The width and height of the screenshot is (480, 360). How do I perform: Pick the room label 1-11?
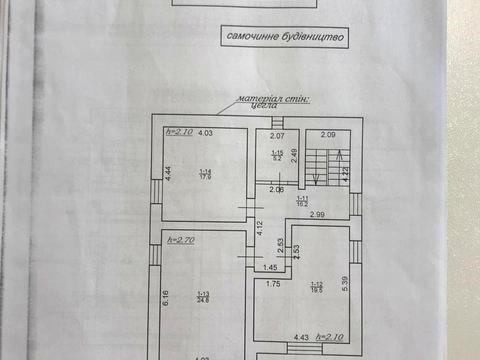pyautogui.click(x=302, y=200)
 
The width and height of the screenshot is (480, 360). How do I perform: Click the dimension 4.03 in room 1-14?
pyautogui.click(x=205, y=133)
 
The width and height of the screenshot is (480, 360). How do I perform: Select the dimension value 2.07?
pyautogui.click(x=278, y=135)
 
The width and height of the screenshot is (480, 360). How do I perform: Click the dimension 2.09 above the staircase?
pyautogui.click(x=329, y=135)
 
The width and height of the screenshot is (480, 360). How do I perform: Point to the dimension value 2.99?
pyautogui.click(x=316, y=216)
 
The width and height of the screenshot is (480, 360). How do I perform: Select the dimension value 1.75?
pyautogui.click(x=272, y=283)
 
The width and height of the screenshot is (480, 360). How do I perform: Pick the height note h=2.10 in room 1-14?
pyautogui.click(x=179, y=131)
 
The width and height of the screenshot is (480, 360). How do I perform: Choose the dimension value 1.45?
pyautogui.click(x=270, y=268)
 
